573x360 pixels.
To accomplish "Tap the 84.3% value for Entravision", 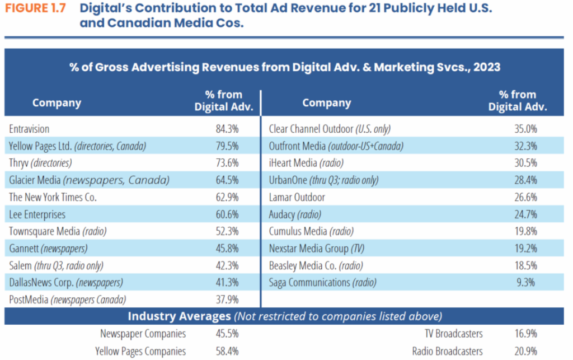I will coord(227,129).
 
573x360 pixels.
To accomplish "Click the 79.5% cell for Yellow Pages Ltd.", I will coord(227,146).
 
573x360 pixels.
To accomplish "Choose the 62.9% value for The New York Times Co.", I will coord(227,197).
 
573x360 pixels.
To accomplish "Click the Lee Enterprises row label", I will coord(37,214).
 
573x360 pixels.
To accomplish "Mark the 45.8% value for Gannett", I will coord(227,248).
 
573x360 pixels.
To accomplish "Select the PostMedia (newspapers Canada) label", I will coord(67,299).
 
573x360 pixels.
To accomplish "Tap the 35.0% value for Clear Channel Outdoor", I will coord(525,129).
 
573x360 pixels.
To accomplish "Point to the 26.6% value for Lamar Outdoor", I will coord(525,197).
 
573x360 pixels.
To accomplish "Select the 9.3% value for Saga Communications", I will coord(528,282).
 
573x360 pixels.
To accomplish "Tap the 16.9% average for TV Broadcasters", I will coord(525,334).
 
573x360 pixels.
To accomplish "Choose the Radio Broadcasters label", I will coord(447,351).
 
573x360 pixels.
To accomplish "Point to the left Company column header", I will coord(57,103).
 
